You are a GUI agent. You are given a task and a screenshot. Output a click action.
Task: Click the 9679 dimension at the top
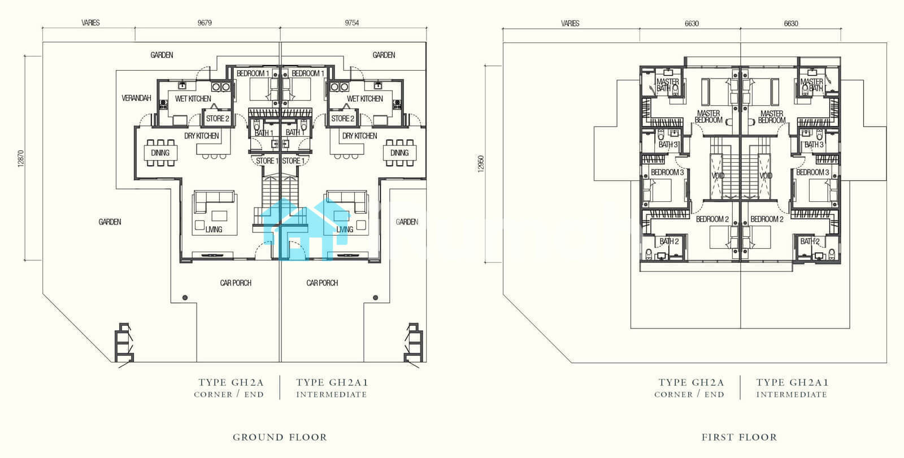205,23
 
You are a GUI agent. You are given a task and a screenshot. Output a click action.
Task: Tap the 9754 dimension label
352,23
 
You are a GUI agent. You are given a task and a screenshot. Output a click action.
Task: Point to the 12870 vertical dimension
21,159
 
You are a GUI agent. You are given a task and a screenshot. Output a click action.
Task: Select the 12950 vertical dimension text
481,164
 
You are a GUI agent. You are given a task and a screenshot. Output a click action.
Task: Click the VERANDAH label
136,98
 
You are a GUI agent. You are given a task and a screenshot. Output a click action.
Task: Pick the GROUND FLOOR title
280,437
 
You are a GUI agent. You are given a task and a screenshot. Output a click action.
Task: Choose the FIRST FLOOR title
740,437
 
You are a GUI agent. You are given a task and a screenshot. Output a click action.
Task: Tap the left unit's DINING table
160,153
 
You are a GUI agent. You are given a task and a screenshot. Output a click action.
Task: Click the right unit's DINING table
399,153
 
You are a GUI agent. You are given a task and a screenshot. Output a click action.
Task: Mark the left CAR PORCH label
236,283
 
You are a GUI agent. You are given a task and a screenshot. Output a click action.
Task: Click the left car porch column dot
185,297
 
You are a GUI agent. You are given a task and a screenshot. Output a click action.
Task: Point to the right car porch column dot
375,297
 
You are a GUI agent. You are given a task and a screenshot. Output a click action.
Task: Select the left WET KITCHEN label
193,98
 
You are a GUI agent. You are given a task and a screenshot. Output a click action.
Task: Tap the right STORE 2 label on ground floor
342,118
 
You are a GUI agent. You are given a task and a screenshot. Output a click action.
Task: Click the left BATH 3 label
668,145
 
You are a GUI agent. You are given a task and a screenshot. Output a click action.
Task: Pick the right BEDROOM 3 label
812,172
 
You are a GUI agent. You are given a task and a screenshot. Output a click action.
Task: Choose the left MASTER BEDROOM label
709,116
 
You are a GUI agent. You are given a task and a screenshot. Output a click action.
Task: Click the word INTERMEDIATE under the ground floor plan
332,395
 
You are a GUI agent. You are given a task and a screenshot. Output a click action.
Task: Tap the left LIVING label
214,230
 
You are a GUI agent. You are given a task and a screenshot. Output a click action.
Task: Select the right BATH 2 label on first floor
810,241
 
